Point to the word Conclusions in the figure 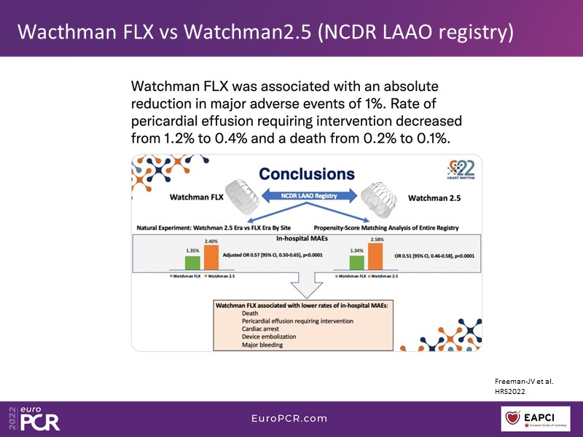(x=307, y=174)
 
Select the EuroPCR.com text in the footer (x=290, y=419)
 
